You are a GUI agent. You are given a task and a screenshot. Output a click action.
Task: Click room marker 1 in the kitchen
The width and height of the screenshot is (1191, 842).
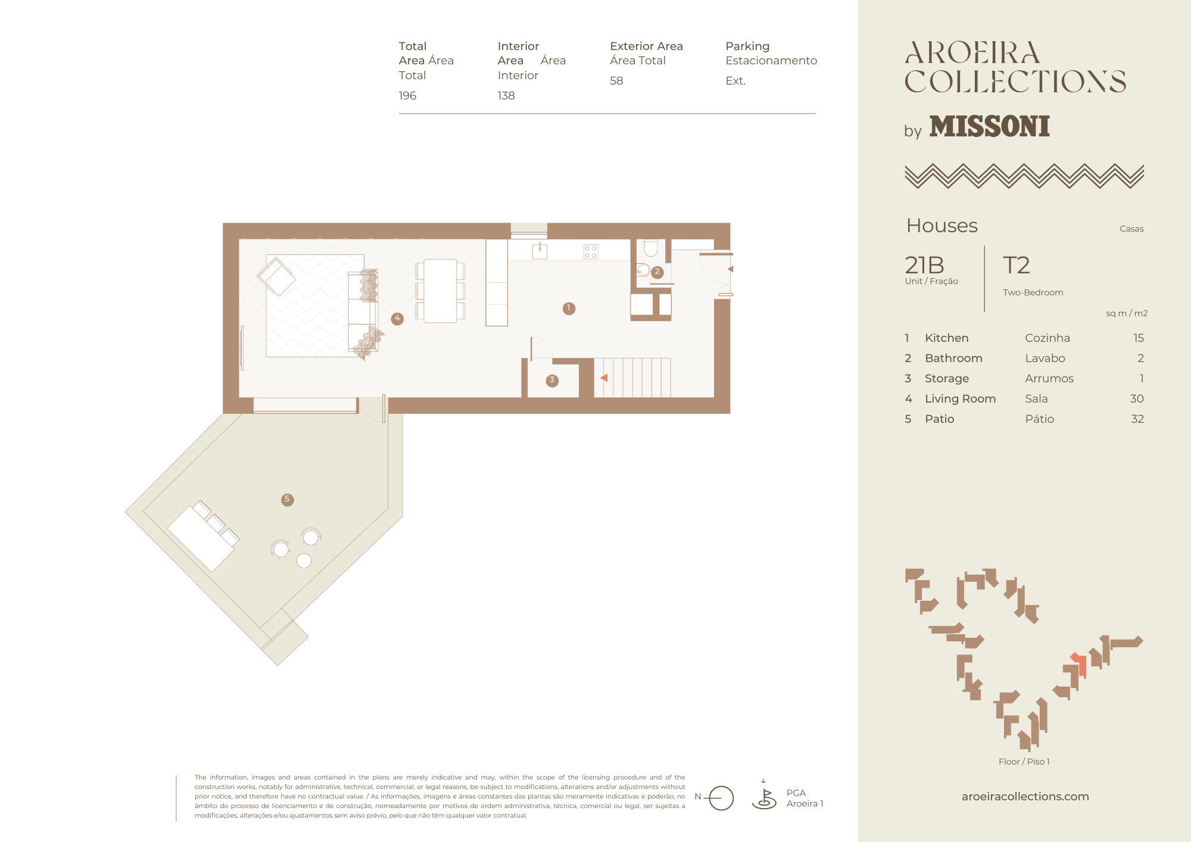(569, 308)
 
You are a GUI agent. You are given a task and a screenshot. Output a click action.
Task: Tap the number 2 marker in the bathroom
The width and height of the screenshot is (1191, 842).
(657, 272)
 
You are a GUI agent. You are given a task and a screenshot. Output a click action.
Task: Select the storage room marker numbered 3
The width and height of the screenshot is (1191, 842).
(552, 381)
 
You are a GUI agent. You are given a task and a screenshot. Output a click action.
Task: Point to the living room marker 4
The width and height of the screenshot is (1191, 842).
(397, 319)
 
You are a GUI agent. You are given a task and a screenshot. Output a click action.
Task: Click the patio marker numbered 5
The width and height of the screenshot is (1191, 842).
(287, 500)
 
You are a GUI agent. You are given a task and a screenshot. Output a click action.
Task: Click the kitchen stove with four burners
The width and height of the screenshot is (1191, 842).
(591, 251)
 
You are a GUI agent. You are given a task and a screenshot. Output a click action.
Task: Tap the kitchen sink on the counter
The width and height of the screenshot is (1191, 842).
(540, 251)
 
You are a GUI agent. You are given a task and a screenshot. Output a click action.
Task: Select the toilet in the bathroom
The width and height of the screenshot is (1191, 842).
(650, 248)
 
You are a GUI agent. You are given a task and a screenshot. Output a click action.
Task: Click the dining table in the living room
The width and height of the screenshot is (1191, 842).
(440, 291)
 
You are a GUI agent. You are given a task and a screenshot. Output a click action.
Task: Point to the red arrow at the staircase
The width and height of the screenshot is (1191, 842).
(604, 378)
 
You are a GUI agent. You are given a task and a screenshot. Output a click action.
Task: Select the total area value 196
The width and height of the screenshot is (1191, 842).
(407, 96)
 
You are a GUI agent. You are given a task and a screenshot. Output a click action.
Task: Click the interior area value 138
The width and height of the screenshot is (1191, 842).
(506, 96)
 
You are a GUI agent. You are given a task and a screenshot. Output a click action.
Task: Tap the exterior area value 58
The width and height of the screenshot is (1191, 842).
(616, 81)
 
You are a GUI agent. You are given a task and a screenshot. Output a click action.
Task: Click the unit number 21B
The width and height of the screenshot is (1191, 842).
(924, 265)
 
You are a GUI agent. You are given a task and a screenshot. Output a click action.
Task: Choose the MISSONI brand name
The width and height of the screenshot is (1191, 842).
(990, 126)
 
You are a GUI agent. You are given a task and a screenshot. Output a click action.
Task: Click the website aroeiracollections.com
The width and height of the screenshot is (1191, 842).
(1025, 796)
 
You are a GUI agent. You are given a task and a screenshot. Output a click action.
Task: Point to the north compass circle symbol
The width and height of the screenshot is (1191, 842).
(721, 798)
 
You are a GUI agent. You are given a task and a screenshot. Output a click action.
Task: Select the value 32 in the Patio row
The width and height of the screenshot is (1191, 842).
(1137, 419)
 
